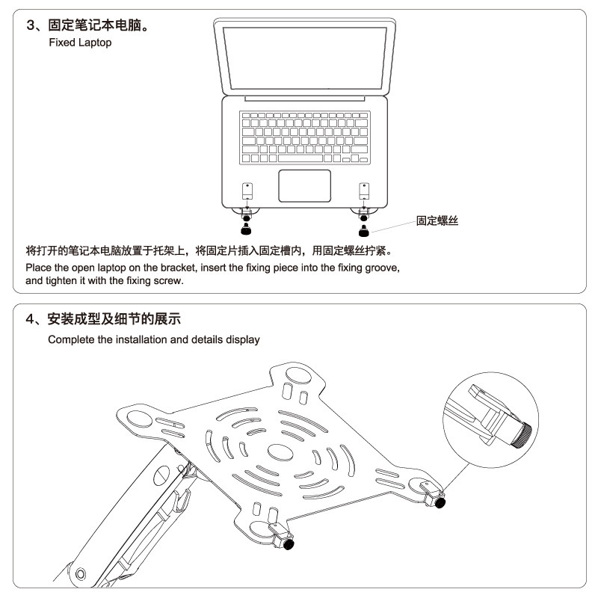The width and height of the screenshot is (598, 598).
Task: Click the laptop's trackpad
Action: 304,185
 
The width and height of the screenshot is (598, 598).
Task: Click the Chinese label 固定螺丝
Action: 437,221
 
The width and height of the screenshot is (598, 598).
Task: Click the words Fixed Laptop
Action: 80,43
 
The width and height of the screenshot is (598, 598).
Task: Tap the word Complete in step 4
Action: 70,339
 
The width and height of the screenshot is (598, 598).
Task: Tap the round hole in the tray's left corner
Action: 139,416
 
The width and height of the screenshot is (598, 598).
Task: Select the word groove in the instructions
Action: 382,268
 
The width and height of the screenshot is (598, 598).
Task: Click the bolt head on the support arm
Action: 162,475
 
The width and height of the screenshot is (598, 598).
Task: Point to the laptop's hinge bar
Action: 304,98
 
